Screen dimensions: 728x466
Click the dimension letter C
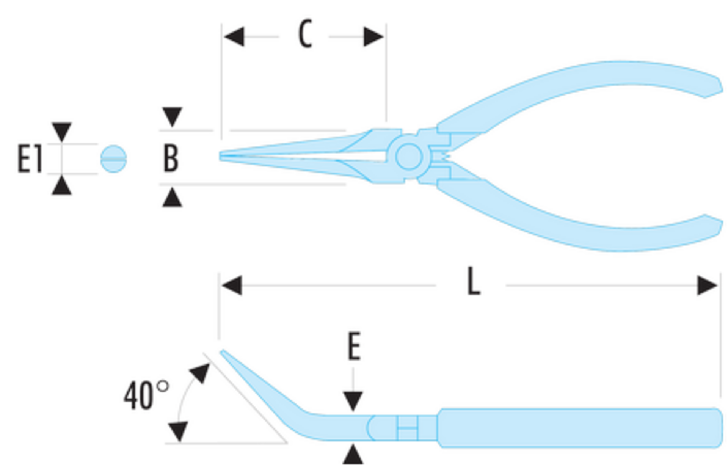pyautogui.click(x=305, y=34)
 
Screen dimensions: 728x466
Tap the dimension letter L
pyautogui.click(x=473, y=281)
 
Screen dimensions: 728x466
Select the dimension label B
pyautogui.click(x=171, y=158)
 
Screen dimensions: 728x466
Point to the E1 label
pyautogui.click(x=30, y=159)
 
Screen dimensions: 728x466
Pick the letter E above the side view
pyautogui.click(x=354, y=346)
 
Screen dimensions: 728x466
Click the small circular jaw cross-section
pyautogui.click(x=113, y=159)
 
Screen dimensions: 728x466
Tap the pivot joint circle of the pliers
pyautogui.click(x=409, y=157)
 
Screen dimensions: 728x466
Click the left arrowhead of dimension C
pyautogui.click(x=234, y=37)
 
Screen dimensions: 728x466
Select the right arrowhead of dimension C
pyautogui.click(x=373, y=37)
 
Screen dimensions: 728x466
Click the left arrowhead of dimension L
pyautogui.click(x=232, y=286)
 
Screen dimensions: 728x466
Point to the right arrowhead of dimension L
pyautogui.click(x=707, y=286)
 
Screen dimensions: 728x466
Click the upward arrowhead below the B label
pyautogui.click(x=172, y=198)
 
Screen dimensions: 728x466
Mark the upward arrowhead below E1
pyautogui.click(x=62, y=185)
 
